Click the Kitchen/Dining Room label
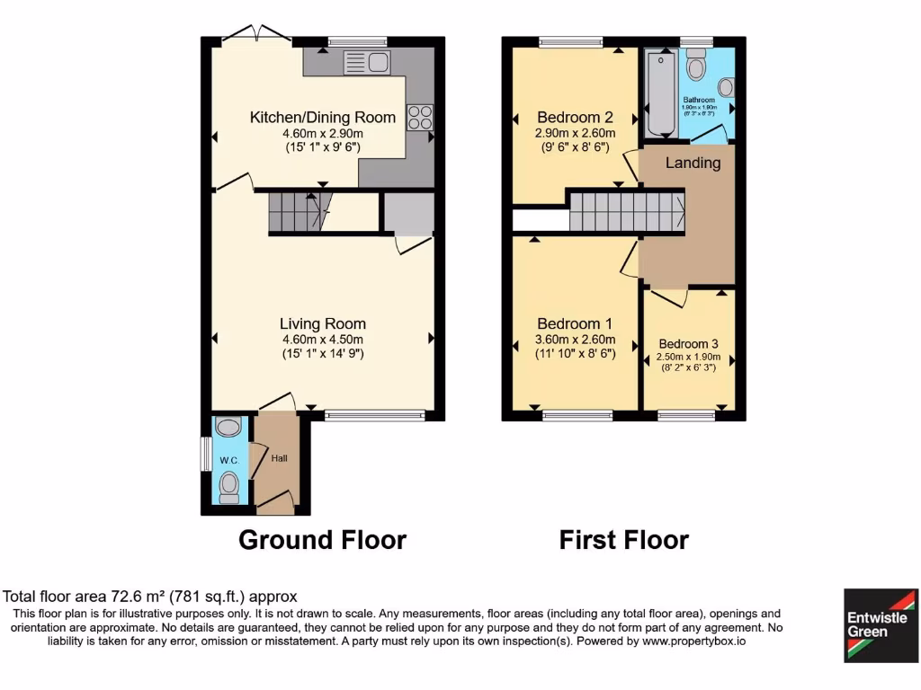pyautogui.click(x=322, y=118)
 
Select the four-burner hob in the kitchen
pyautogui.click(x=420, y=118)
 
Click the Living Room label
pyautogui.click(x=322, y=323)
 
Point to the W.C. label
pyautogui.click(x=228, y=461)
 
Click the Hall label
pyautogui.click(x=280, y=458)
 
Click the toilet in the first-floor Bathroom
pyautogui.click(x=696, y=65)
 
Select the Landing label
pyautogui.click(x=693, y=163)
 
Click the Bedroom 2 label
pyautogui.click(x=575, y=118)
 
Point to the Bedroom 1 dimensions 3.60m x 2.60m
pyautogui.click(x=575, y=340)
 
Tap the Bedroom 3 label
pyautogui.click(x=688, y=344)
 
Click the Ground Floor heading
pyautogui.click(x=322, y=540)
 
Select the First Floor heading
pyautogui.click(x=623, y=540)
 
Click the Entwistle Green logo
pyautogui.click(x=881, y=625)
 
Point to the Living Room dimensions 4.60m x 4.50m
pyautogui.click(x=322, y=340)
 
